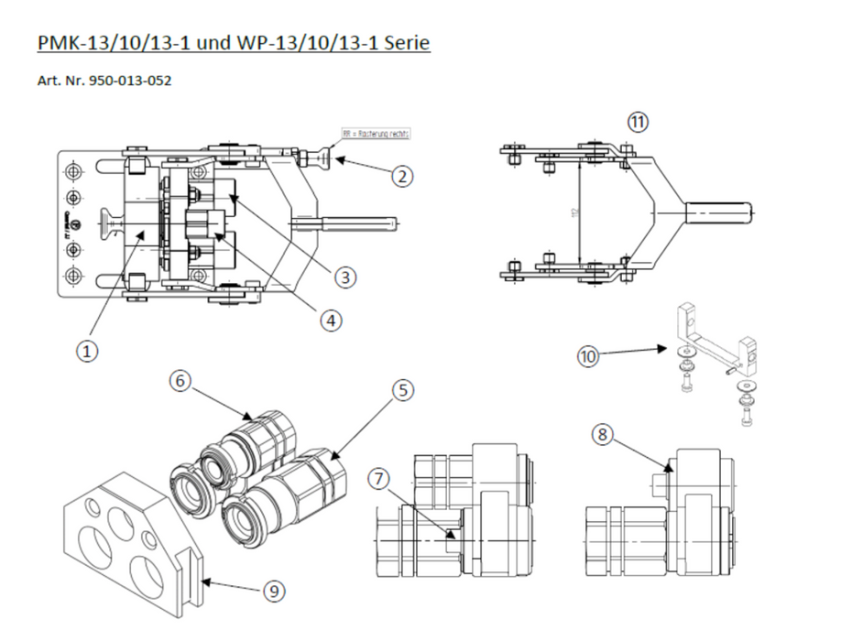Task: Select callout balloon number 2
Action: click(400, 177)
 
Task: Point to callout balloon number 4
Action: click(330, 320)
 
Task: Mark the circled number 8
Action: click(602, 435)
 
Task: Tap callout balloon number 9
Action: click(273, 592)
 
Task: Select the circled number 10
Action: click(589, 355)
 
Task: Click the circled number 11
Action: click(638, 121)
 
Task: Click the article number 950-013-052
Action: click(129, 81)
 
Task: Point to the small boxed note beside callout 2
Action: click(376, 133)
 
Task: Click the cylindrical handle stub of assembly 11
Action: click(720, 212)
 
